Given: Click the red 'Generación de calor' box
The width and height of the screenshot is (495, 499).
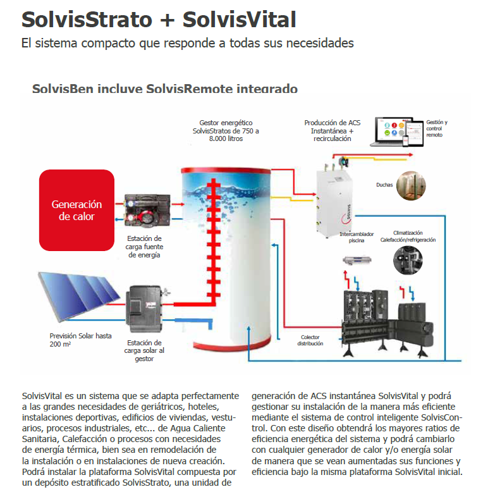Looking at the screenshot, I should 76,210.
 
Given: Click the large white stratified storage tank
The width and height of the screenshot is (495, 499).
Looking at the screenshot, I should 226,253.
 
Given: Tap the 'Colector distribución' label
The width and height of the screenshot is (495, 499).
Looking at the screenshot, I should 310,340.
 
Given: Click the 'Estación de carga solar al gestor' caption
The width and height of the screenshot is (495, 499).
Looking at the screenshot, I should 145,350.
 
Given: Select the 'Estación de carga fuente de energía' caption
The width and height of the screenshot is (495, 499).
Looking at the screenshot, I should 145,247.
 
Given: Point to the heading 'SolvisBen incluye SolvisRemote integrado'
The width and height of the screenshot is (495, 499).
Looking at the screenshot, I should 164,89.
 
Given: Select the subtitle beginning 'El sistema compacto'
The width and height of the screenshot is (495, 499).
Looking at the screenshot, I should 187,44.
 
